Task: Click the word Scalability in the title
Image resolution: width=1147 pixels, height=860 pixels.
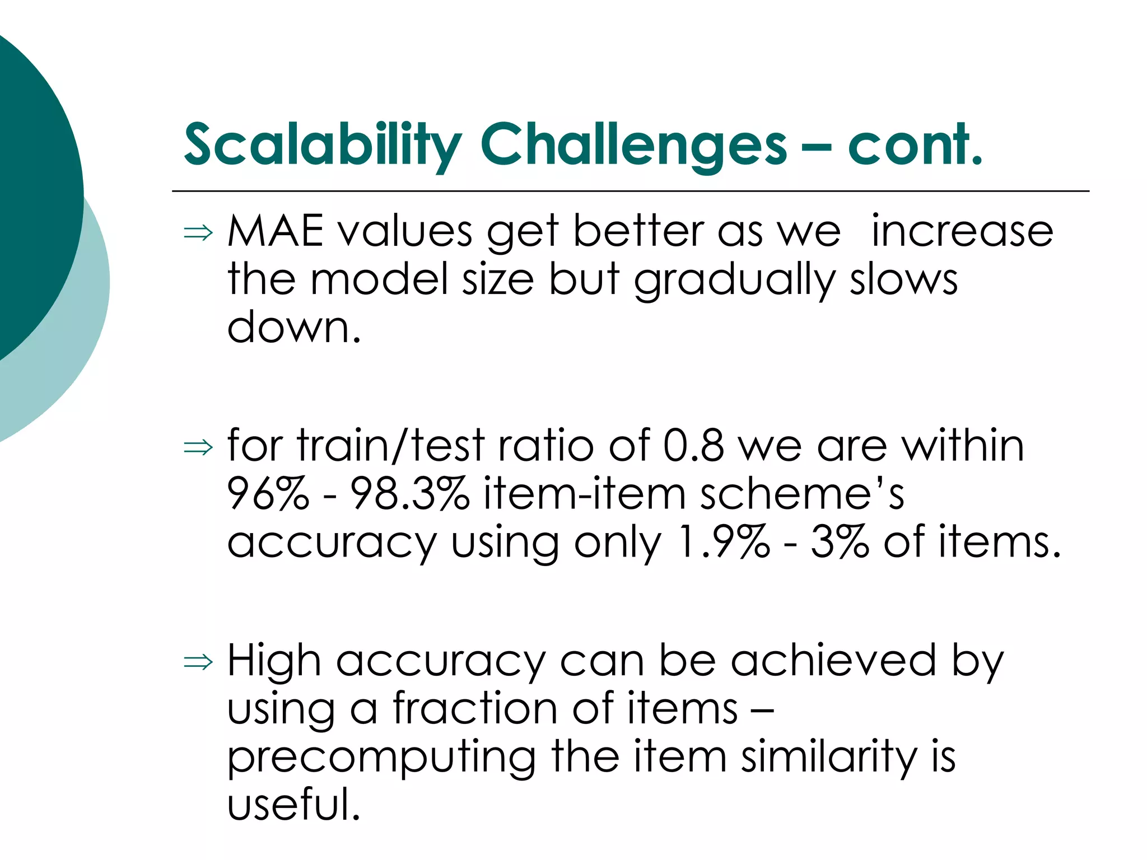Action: pyautogui.click(x=322, y=144)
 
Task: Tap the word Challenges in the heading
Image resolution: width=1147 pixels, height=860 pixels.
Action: pyautogui.click(x=633, y=144)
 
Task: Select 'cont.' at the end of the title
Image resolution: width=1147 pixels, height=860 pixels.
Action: pyautogui.click(x=915, y=144)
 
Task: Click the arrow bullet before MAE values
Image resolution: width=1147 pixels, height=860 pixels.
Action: pyautogui.click(x=198, y=232)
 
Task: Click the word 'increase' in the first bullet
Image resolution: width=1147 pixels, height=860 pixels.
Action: pyautogui.click(x=962, y=231)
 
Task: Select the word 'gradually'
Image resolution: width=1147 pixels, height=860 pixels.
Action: pyautogui.click(x=734, y=280)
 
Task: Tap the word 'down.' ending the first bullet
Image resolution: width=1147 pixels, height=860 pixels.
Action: pyautogui.click(x=293, y=327)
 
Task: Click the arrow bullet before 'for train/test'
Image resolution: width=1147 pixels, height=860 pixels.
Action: pyautogui.click(x=198, y=447)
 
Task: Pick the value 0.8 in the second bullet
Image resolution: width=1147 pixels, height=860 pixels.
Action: pyautogui.click(x=693, y=446)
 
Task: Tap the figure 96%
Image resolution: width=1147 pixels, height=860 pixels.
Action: pyautogui.click(x=268, y=494)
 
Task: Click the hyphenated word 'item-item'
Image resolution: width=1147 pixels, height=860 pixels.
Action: pyautogui.click(x=584, y=494)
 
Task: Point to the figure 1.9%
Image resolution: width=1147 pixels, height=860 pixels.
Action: pyautogui.click(x=723, y=542)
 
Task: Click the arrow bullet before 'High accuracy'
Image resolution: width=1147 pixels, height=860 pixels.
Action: pyautogui.click(x=198, y=662)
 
